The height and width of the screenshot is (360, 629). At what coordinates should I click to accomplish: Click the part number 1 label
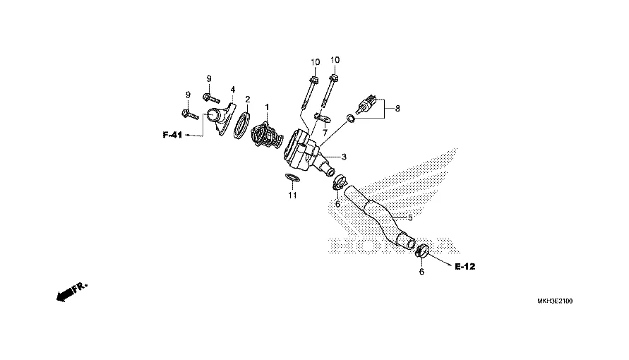(268, 107)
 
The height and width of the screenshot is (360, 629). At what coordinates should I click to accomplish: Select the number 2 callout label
(248, 100)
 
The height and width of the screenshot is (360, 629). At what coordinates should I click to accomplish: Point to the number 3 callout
(344, 156)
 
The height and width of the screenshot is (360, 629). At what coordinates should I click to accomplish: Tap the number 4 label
(232, 90)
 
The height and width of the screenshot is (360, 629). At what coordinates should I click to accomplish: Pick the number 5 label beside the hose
(409, 216)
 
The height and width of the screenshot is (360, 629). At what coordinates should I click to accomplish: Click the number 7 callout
(325, 132)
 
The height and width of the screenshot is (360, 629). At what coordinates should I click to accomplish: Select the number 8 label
(397, 109)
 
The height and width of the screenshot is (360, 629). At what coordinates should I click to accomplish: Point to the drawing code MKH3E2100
(555, 301)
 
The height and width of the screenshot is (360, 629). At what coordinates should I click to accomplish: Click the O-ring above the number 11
(292, 177)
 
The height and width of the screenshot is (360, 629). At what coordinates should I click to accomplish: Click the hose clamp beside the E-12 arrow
(423, 249)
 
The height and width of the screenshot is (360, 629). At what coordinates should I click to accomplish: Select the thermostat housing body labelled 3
(305, 152)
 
